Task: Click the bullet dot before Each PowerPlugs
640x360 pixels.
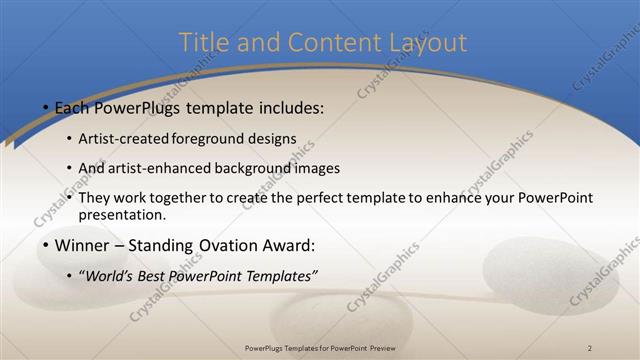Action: [x=45, y=107]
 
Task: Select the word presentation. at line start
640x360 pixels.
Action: [x=121, y=215]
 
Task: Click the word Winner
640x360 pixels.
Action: [x=81, y=244]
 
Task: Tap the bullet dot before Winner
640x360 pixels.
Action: [x=45, y=245]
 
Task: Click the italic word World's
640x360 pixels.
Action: [x=111, y=275]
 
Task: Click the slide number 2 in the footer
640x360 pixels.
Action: [x=590, y=347]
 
